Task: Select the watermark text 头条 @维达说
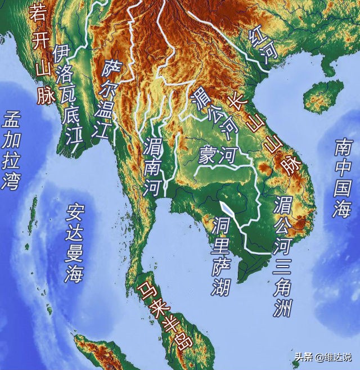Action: click(323, 357)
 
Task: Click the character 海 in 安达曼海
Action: click(74, 274)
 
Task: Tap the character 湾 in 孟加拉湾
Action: click(11, 183)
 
